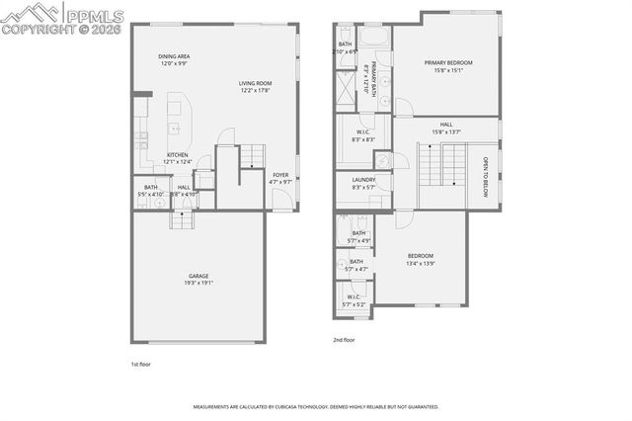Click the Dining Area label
click(174, 57)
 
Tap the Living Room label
click(255, 83)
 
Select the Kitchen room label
click(178, 155)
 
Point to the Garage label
click(199, 276)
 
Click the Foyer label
click(281, 175)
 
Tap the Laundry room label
click(362, 180)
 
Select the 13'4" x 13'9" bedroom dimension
click(421, 264)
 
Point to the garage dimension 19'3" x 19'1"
click(199, 283)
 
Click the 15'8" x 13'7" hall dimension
click(446, 131)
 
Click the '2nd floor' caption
click(345, 339)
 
